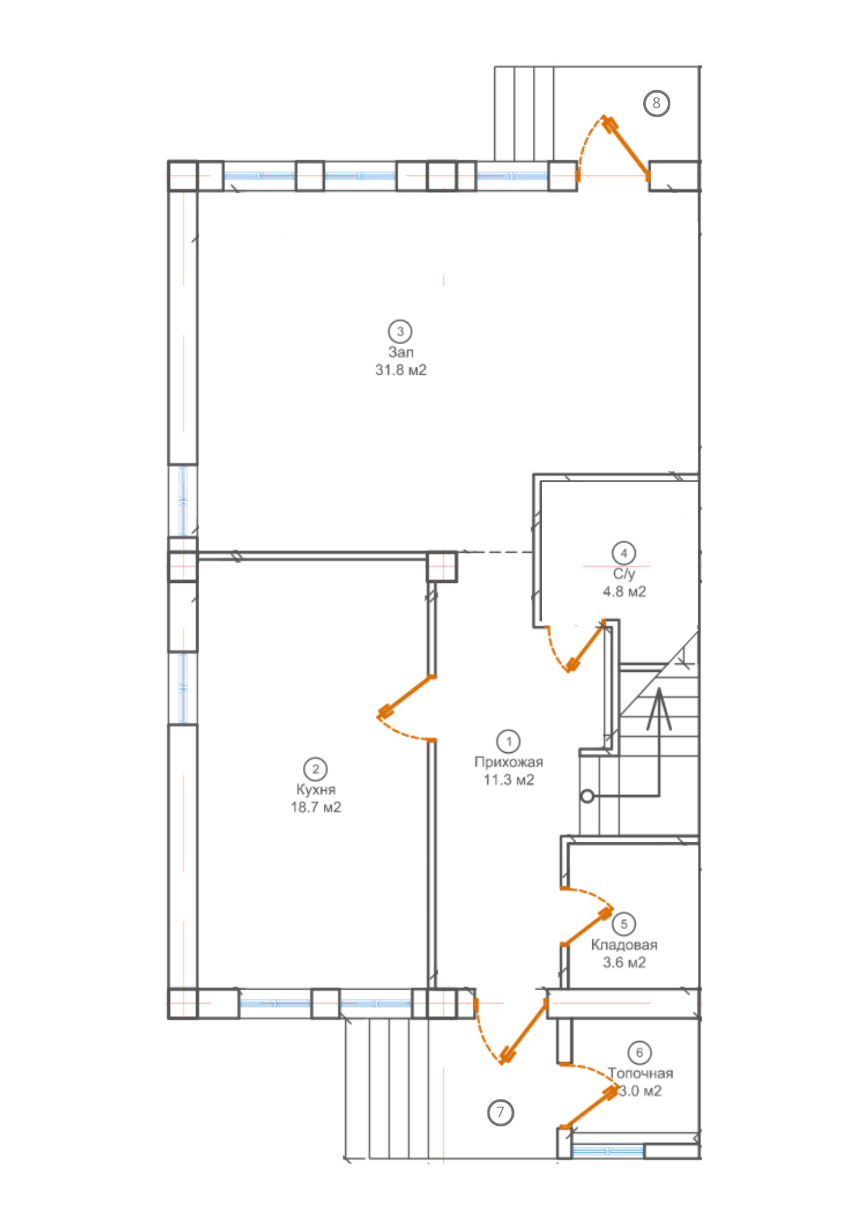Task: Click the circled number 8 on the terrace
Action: [656, 103]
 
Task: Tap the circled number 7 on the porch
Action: [500, 1111]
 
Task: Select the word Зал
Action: [400, 352]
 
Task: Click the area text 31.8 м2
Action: [401, 370]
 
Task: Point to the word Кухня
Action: [316, 790]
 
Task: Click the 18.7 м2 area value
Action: [316, 807]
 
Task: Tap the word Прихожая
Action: [509, 762]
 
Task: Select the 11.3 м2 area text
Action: [509, 780]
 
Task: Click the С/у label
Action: [624, 574]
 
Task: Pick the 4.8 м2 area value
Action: [624, 591]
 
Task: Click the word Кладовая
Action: [624, 945]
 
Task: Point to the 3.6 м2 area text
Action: [624, 963]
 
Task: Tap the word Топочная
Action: [641, 1074]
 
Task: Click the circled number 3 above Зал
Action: [400, 331]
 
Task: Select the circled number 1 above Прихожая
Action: [509, 741]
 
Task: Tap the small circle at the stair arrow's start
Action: [587, 796]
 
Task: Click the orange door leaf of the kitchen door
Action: [407, 696]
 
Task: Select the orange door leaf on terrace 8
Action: [627, 146]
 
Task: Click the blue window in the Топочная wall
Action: [608, 1151]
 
